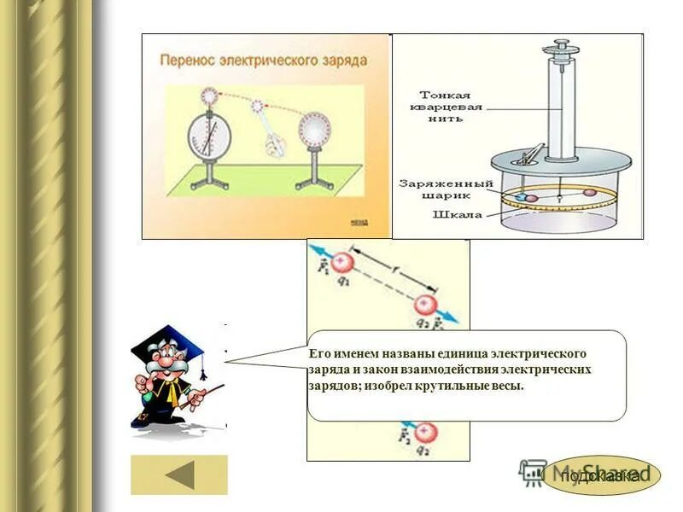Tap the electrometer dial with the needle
[209, 136]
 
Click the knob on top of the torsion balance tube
[560, 43]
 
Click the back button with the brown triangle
[179, 474]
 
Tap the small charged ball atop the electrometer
[209, 96]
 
